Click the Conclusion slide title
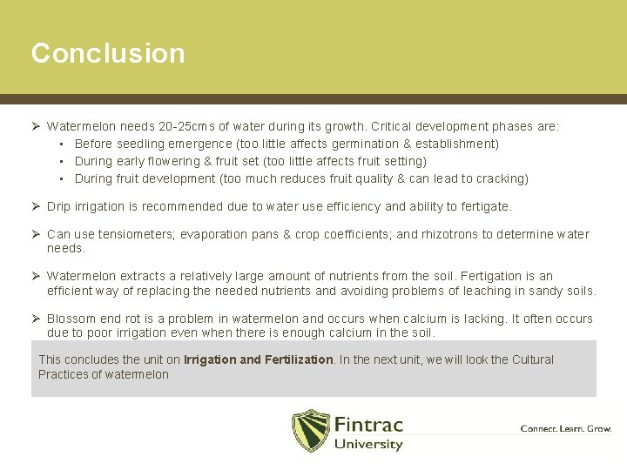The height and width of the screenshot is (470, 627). [x=108, y=53]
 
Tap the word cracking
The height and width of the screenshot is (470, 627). [x=498, y=178]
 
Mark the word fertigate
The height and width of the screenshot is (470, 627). [x=483, y=206]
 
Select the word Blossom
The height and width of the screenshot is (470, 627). [x=71, y=319]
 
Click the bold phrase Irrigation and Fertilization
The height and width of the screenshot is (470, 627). [x=259, y=359]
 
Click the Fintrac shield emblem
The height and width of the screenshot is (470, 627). [x=310, y=430]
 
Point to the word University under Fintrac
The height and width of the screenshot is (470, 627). [x=368, y=444]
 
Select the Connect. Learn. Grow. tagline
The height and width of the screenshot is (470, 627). [x=565, y=428]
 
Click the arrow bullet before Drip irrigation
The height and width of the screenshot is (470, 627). [x=37, y=206]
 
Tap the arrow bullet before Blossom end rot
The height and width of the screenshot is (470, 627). [x=37, y=319]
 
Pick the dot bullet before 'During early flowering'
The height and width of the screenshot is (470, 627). [x=63, y=161]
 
